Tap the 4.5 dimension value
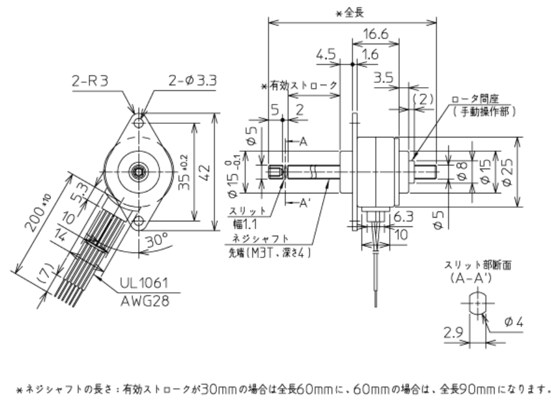click(x=327, y=55)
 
